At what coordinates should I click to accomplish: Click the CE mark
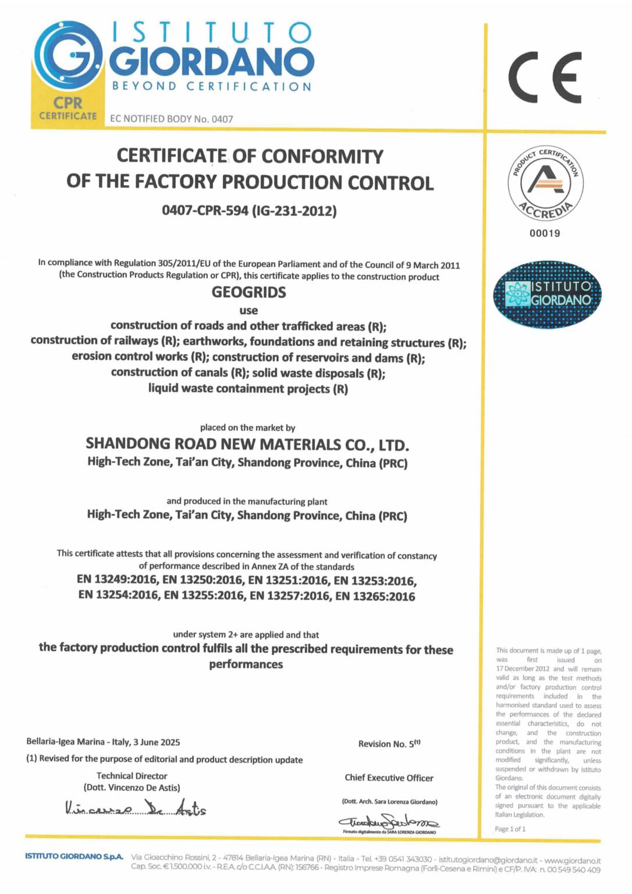[x=545, y=77]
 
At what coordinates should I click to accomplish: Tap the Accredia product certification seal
[x=545, y=183]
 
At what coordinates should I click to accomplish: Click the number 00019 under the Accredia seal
[x=545, y=233]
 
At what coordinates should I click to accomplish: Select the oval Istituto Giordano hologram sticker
[x=547, y=294]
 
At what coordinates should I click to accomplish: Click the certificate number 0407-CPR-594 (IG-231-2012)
[x=249, y=210]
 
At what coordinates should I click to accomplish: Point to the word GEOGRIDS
[x=248, y=292]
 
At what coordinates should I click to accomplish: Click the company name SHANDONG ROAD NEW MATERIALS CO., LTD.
[x=247, y=445]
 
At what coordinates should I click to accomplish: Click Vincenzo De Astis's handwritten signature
[x=136, y=808]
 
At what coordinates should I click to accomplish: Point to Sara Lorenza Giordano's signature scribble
[x=389, y=822]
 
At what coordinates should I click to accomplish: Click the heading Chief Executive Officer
[x=389, y=778]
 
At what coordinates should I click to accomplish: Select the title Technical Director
[x=132, y=776]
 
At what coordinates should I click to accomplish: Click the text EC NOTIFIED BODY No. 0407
[x=172, y=119]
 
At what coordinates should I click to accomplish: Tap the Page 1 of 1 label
[x=510, y=829]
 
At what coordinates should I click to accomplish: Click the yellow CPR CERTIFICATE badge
[x=68, y=109]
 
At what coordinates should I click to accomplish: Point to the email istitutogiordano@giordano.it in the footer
[x=489, y=860]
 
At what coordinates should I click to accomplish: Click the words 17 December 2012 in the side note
[x=523, y=669]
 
